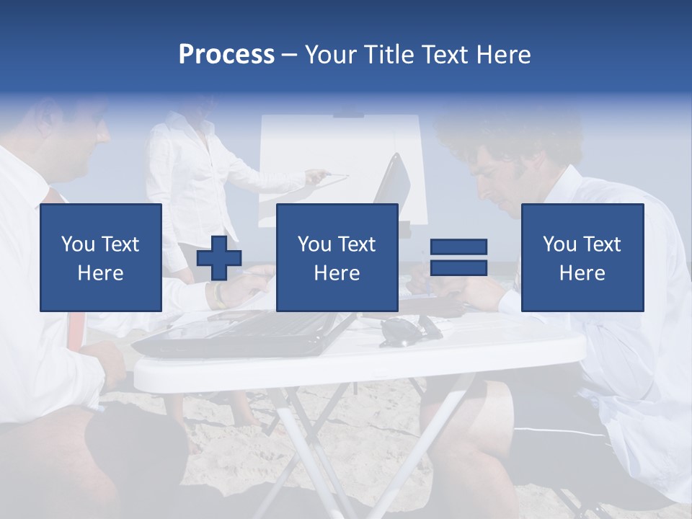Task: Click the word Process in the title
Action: coord(226,55)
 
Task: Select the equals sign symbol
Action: coord(458,257)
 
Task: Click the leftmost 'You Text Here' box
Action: coord(101,257)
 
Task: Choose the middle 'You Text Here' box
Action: coord(337,257)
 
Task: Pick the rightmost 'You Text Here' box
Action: coord(582,257)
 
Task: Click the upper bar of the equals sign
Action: coord(458,247)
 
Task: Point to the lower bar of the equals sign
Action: coord(458,267)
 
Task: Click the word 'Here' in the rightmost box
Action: coord(582,273)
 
